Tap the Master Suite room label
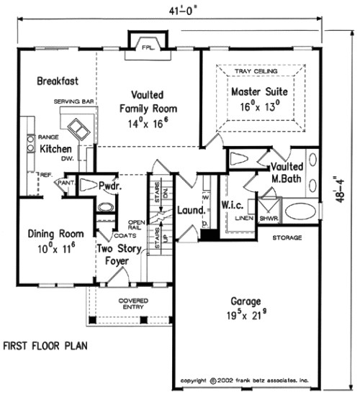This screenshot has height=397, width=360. point(259,92)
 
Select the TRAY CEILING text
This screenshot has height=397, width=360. point(259,71)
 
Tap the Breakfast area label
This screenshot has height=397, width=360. point(58,81)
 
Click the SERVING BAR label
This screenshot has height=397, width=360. point(74,103)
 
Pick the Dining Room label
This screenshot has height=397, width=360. point(55,234)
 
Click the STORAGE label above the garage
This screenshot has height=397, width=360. point(287,237)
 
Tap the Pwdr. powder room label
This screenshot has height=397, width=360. point(109,184)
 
